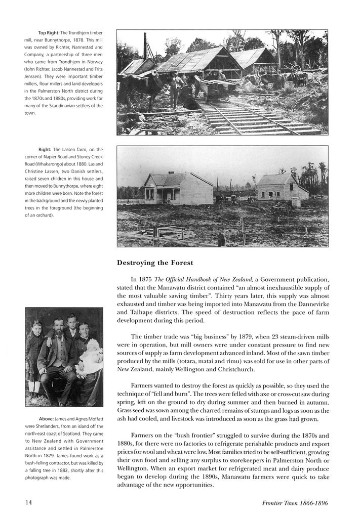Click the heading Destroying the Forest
pyautogui.click(x=155, y=263)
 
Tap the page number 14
pyautogui.click(x=29, y=502)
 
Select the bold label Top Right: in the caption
pyautogui.click(x=49, y=33)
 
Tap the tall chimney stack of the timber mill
pyautogui.click(x=145, y=47)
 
